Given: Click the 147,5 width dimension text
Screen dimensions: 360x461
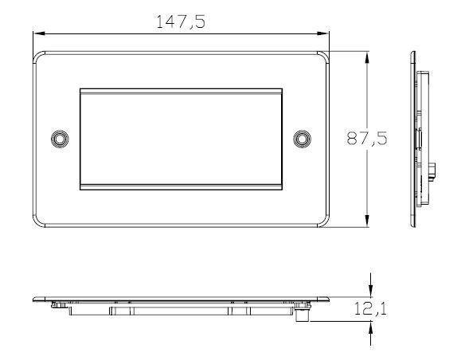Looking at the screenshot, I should [x=182, y=22].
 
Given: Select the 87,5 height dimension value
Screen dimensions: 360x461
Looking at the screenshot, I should [x=367, y=139].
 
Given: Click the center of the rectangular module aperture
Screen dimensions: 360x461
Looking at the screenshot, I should [x=181, y=139].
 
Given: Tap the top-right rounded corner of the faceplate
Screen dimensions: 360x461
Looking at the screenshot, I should [x=325, y=57].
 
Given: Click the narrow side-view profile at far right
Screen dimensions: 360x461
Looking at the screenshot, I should [x=416, y=139].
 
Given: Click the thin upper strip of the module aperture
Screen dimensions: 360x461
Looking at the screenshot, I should [x=181, y=93].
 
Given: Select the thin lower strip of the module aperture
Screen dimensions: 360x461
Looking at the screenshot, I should [x=181, y=186].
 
